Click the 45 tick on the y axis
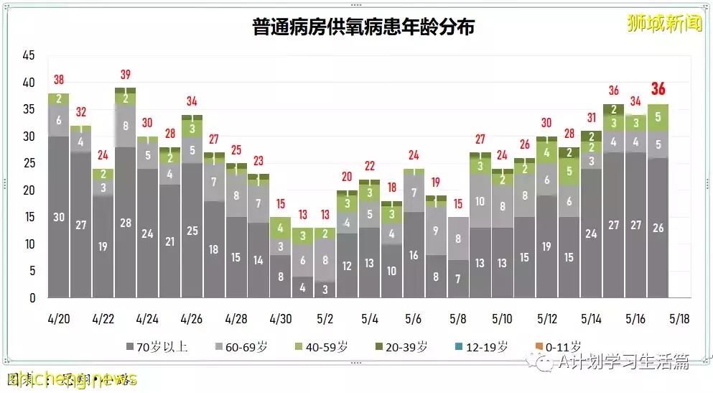(x=29, y=55)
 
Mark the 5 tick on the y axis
(x=32, y=271)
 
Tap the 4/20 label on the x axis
(x=59, y=319)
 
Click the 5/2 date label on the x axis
(x=325, y=319)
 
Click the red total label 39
(x=126, y=75)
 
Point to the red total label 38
(x=59, y=80)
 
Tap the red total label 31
(x=591, y=118)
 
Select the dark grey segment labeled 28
(x=126, y=223)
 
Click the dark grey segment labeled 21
(x=169, y=241)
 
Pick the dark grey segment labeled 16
(x=414, y=255)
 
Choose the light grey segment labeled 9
(x=436, y=231)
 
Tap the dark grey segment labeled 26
(x=658, y=228)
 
